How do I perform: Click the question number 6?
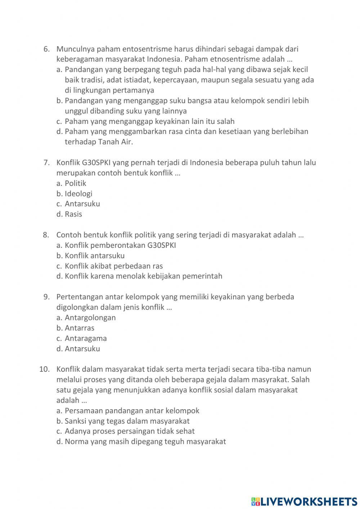[x=46, y=49]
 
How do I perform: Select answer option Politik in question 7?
[x=75, y=183]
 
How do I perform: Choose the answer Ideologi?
[x=78, y=194]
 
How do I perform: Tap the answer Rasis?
[x=73, y=214]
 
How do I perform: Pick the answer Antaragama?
[x=86, y=339]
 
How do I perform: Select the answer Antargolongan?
[x=90, y=318]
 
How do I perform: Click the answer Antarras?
[x=80, y=328]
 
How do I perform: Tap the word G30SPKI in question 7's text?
[x=91, y=163]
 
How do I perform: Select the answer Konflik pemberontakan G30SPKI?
[x=120, y=246]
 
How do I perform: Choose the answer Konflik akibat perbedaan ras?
[x=114, y=266]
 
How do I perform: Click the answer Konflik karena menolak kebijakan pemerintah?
[x=143, y=276]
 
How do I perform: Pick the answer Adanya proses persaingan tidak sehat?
[x=130, y=431]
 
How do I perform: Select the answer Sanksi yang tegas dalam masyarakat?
[x=127, y=421]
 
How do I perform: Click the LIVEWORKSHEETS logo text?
[x=309, y=501]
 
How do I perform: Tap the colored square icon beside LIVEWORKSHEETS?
[x=255, y=501]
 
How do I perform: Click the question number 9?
[x=46, y=297]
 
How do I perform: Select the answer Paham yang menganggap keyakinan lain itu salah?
[x=149, y=121]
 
